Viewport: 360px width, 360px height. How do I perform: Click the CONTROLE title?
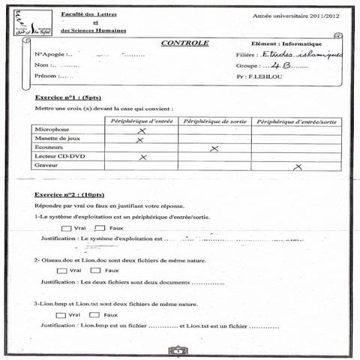tap(184, 43)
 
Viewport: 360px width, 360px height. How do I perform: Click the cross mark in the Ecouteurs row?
tap(214, 148)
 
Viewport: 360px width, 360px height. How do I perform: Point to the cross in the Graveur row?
tap(297, 166)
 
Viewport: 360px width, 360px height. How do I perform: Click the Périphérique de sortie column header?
tap(214, 120)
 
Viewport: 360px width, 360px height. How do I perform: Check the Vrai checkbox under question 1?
tap(66, 228)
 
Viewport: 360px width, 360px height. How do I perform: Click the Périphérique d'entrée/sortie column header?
tap(295, 120)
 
